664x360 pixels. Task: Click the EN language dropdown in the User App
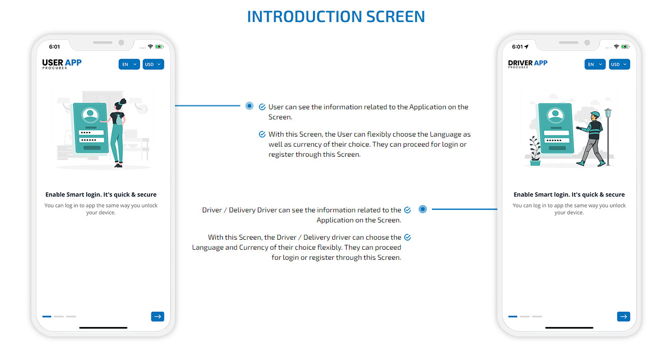click(129, 64)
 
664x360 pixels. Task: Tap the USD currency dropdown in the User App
click(153, 64)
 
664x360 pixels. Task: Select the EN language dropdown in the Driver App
click(595, 64)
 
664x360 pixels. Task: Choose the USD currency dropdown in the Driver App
click(619, 64)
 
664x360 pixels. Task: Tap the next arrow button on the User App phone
click(158, 316)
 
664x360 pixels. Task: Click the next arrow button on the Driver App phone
click(624, 316)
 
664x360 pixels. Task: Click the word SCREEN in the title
click(396, 17)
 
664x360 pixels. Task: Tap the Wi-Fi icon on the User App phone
click(151, 46)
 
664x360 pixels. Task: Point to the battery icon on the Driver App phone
click(626, 46)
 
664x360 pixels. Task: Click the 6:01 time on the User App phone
click(55, 47)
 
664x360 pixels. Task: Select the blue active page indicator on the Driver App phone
click(513, 316)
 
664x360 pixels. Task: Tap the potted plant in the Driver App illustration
click(535, 151)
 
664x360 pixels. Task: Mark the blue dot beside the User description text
click(250, 106)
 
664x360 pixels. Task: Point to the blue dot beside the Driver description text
click(423, 209)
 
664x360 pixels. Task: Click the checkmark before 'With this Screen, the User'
click(262, 134)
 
